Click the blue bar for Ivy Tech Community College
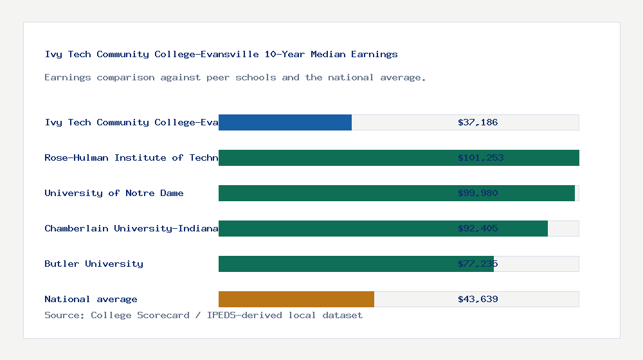285,122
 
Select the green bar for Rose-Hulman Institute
399,157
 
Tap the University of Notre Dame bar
396,193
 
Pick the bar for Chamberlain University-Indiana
383,228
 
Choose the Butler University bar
356,264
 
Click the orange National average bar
296,299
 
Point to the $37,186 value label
478,122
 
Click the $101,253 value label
480,157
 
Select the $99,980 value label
478,193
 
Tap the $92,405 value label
478,228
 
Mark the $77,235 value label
478,264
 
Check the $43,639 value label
478,299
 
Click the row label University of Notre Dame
114,193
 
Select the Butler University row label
94,264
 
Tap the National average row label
91,299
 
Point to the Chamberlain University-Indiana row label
131,228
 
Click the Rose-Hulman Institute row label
131,157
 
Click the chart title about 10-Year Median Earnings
221,54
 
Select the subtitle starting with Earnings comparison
235,77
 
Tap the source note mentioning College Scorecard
203,315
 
